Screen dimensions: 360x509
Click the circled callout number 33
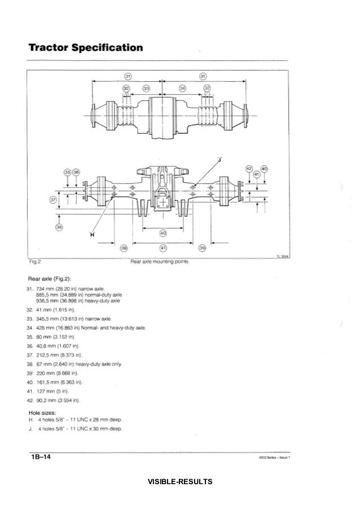(x=147, y=89)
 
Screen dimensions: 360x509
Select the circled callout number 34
(x=182, y=89)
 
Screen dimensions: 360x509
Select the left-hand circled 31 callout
(x=128, y=76)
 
